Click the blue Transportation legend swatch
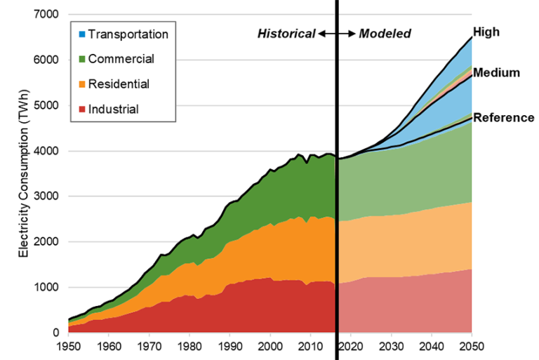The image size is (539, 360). coord(81,34)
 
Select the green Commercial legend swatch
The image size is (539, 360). coord(81,60)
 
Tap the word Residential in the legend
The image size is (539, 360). coord(119,84)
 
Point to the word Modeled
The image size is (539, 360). coord(385,34)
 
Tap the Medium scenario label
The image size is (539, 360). coord(496,72)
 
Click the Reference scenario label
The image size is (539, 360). coord(503,117)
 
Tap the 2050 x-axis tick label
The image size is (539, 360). coord(471,346)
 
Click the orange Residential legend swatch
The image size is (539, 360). coord(81,85)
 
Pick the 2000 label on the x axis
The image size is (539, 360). coord(270,346)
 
